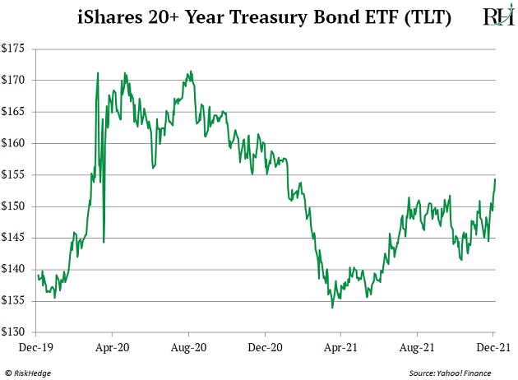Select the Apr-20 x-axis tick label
pyautogui.click(x=113, y=348)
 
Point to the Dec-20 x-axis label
pyautogui.click(x=266, y=348)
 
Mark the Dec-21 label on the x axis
pyautogui.click(x=493, y=348)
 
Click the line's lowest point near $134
pyautogui.click(x=332, y=308)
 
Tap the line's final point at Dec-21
pyautogui.click(x=495, y=179)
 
